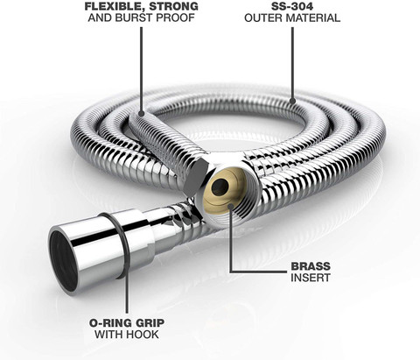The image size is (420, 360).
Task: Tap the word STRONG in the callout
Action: tap(178, 6)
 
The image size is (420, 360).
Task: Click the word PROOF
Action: tap(175, 18)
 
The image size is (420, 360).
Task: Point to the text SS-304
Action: tap(292, 6)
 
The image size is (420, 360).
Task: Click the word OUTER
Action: tap(263, 18)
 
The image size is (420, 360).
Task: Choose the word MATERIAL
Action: tap(313, 18)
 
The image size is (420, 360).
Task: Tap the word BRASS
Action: tap(311, 266)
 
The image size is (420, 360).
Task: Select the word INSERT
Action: tap(311, 278)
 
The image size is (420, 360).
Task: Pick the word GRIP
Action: tap(150, 323)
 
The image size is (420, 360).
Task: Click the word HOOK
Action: tap(144, 335)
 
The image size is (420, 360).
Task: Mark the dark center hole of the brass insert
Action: tap(220, 187)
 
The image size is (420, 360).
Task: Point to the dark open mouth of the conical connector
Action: tap(62, 260)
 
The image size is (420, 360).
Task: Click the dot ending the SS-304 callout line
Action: tap(292, 101)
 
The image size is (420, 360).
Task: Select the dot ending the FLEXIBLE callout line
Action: tap(141, 113)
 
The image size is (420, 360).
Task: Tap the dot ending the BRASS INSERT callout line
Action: tap(231, 206)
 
